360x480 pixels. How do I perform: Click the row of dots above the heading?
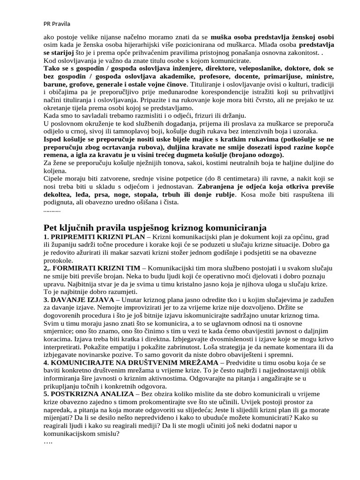click(x=52, y=212)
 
